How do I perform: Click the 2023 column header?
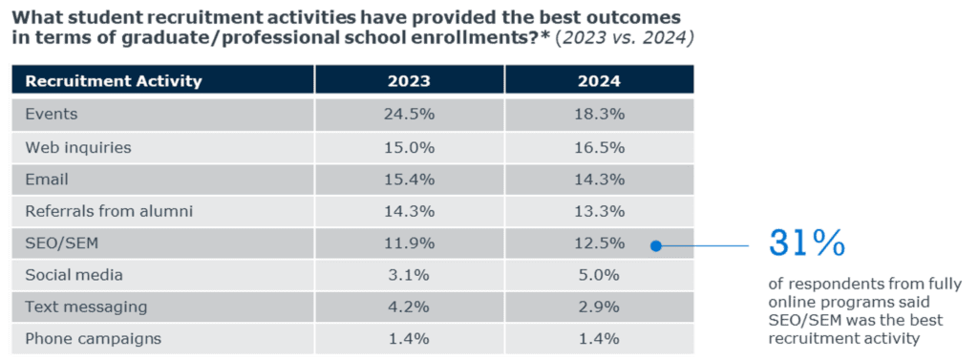coord(409,81)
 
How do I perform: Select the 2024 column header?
coord(600,81)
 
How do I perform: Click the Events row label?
coord(52,115)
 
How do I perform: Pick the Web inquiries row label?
coord(78,148)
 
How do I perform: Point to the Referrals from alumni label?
coord(109,211)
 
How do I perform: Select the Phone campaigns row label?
coord(93,339)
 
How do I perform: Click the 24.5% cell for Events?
coord(409,115)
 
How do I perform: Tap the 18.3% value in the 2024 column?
coord(600,115)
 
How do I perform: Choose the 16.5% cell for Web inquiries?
coord(600,148)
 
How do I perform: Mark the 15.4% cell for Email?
coord(409,180)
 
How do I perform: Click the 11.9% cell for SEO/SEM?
coord(409,244)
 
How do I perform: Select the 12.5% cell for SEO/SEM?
coord(600,244)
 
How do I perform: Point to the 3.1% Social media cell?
coord(409,275)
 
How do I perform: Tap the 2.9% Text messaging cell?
coord(600,307)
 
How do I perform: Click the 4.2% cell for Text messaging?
coord(409,307)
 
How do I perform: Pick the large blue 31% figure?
coord(806,243)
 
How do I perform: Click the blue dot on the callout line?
coord(655,246)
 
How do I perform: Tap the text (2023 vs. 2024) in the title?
coord(625,38)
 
